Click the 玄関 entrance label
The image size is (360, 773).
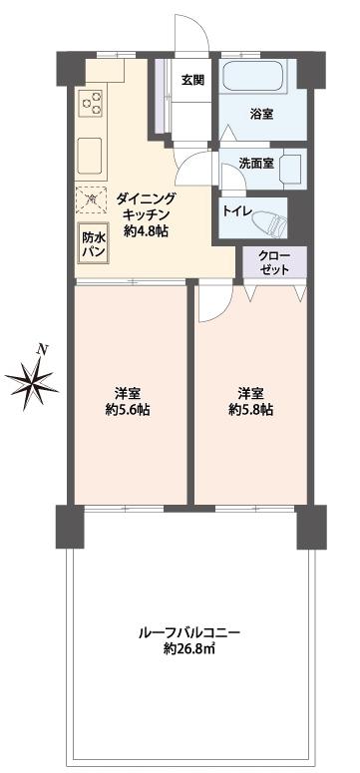tap(193, 81)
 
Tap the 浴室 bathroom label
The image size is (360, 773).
tap(261, 116)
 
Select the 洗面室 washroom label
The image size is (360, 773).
tap(256, 164)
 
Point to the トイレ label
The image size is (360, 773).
tap(236, 210)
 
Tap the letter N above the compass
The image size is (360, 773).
tap(42, 349)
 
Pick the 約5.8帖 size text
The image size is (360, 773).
tap(250, 410)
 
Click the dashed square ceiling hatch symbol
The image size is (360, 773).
tap(93, 200)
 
